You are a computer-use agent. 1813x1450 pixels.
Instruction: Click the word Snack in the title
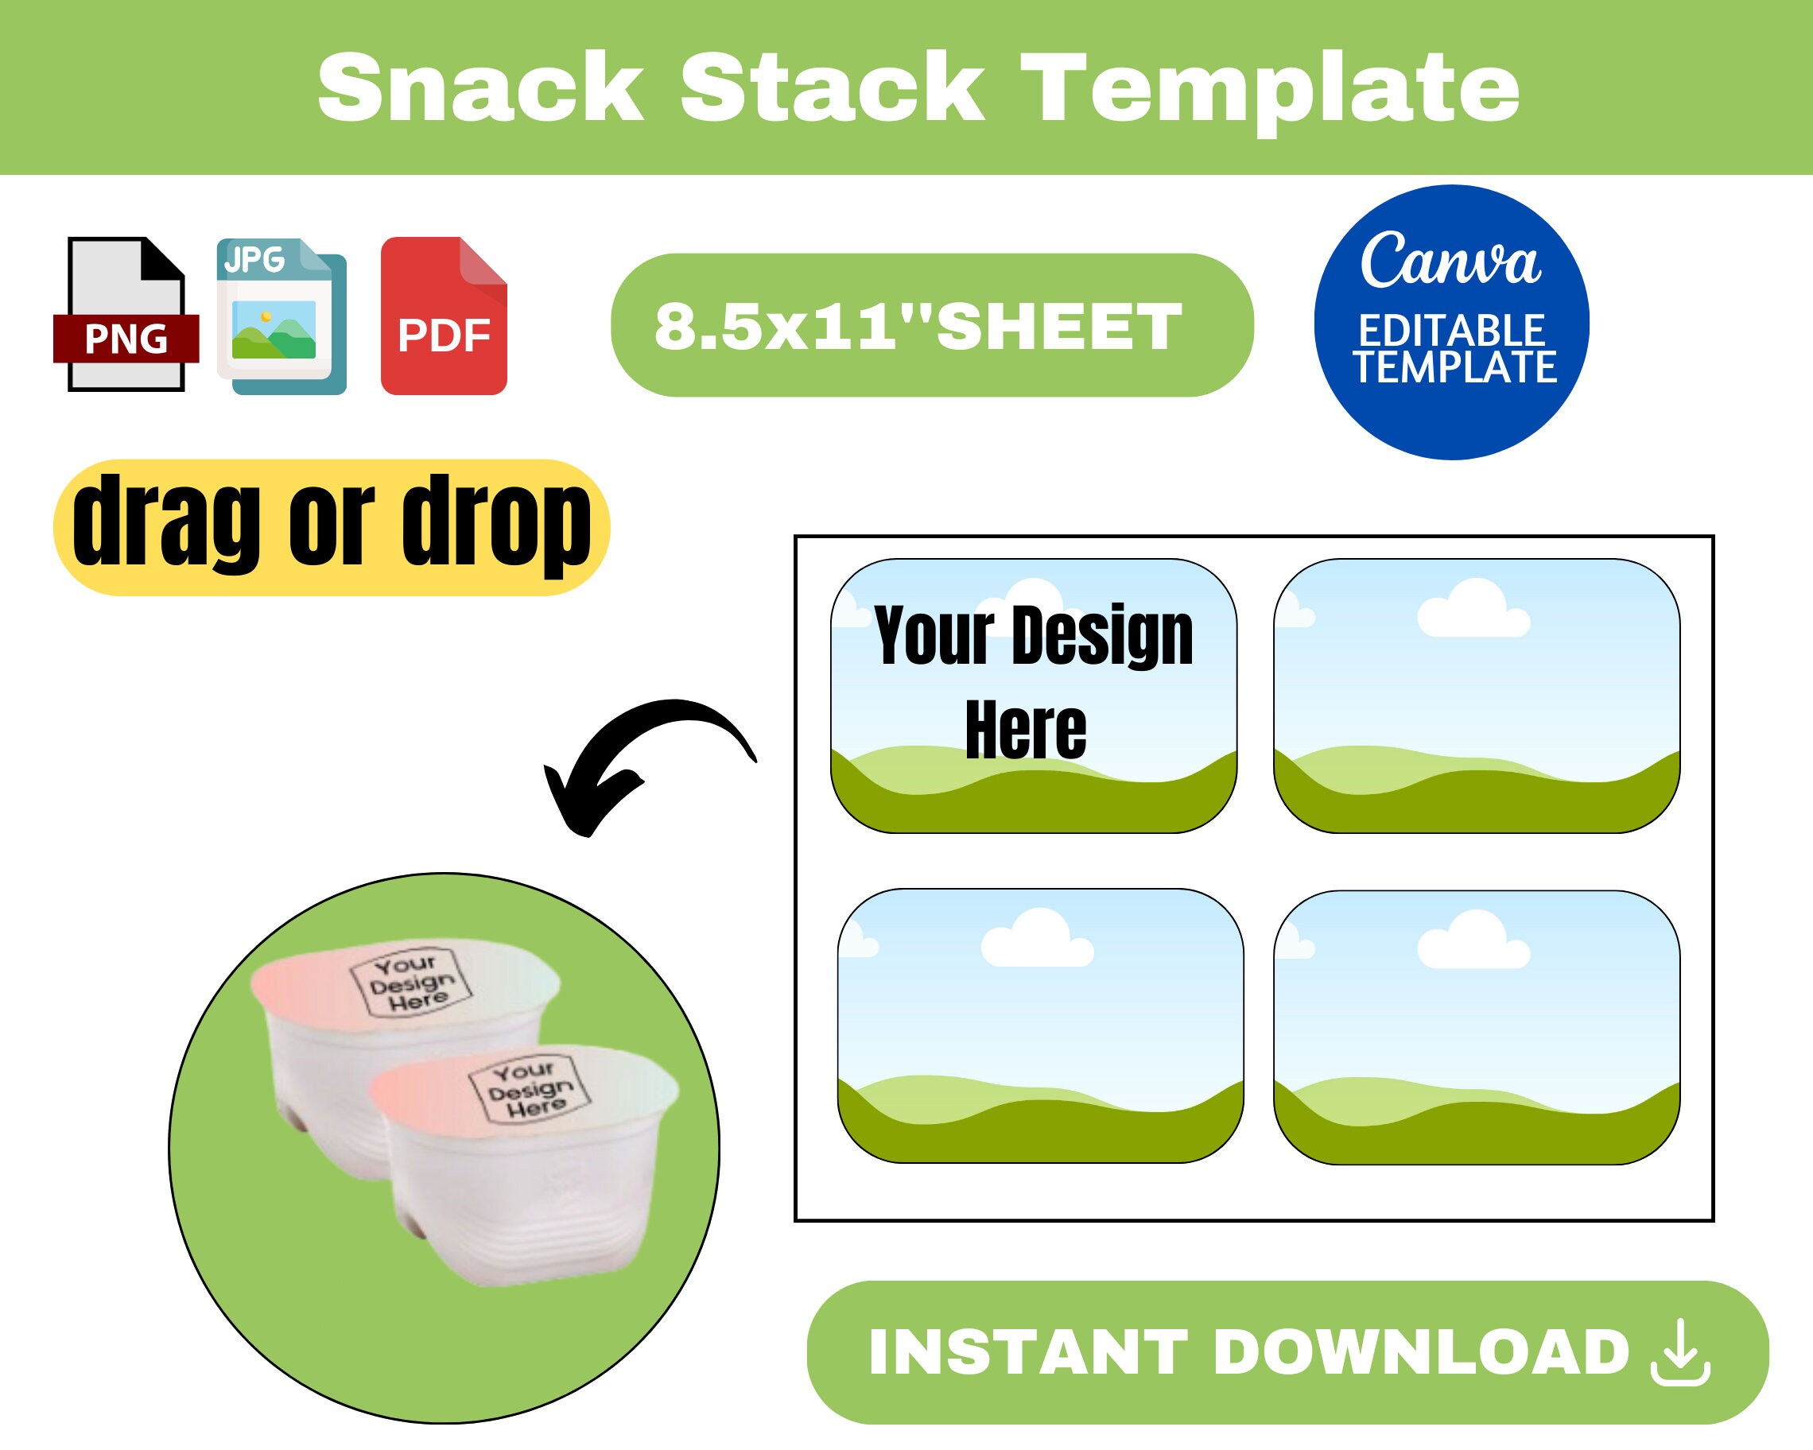(480, 88)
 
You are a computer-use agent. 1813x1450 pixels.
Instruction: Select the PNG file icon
(126, 316)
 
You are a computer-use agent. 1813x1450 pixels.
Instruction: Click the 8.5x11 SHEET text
(918, 326)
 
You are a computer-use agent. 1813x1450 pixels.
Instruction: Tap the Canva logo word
(1450, 261)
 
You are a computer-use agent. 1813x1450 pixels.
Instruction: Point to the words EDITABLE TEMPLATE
(1453, 350)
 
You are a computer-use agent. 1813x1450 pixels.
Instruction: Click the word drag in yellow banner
(165, 522)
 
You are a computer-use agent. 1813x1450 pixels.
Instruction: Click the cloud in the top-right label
(1473, 611)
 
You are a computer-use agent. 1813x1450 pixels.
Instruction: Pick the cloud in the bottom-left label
(1037, 940)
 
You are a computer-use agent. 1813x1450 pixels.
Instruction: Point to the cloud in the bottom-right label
(1473, 942)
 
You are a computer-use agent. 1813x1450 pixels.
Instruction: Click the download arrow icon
(1680, 1352)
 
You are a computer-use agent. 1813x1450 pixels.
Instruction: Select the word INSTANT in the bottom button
(1027, 1353)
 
